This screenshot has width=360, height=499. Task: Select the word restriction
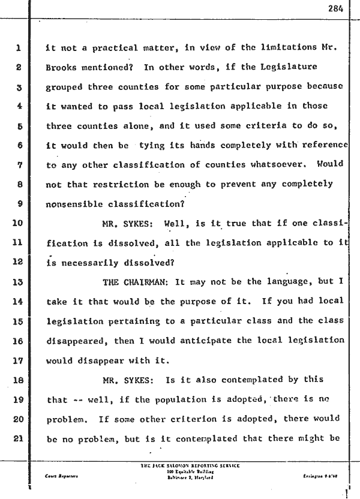[x=126, y=184]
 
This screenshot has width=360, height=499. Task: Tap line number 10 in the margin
[x=17, y=223]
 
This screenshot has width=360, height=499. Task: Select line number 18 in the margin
[x=17, y=380]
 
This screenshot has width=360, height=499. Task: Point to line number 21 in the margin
[x=17, y=439]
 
